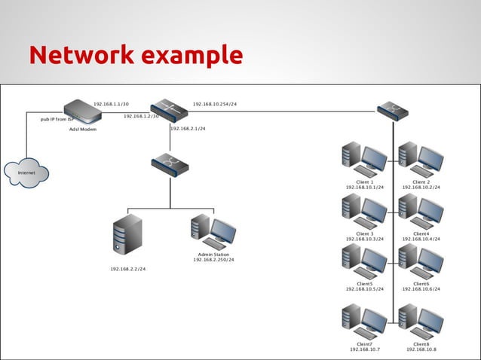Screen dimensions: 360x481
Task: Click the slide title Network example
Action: coord(136,55)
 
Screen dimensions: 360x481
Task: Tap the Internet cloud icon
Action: coord(26,172)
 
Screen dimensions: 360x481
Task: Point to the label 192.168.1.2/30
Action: coord(141,117)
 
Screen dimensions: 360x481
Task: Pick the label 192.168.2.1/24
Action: coord(188,129)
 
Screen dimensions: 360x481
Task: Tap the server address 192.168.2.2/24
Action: coord(128,268)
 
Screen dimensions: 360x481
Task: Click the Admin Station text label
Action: coord(213,255)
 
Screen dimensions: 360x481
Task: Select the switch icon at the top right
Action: coord(393,111)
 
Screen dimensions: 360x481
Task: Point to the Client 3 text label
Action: coord(364,233)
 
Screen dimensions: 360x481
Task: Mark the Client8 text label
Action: coord(421,343)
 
